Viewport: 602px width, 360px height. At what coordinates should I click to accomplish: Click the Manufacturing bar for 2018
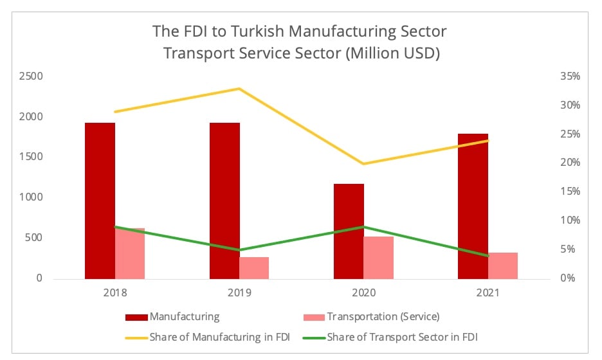pos(100,200)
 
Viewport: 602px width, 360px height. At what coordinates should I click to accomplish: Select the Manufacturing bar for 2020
pos(349,231)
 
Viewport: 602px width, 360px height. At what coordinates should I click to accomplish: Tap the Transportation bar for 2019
pos(254,267)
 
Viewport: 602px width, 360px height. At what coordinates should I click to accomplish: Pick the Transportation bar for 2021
pos(503,265)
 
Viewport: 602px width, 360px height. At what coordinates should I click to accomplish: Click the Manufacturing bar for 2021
pos(473,206)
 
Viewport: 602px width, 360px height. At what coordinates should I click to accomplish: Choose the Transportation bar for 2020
pos(378,257)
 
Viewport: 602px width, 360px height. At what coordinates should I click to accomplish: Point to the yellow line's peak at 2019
pos(239,89)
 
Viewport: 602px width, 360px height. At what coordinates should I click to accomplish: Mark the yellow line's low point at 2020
pos(363,164)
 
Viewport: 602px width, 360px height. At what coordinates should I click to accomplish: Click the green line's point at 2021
pos(488,256)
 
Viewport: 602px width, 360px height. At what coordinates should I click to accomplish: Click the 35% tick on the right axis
pos(570,76)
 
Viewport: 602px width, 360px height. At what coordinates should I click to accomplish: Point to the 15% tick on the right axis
pos(570,192)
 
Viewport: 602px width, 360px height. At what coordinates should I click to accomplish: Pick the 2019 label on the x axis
pos(239,292)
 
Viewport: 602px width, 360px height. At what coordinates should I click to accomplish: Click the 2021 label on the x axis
pos(488,292)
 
